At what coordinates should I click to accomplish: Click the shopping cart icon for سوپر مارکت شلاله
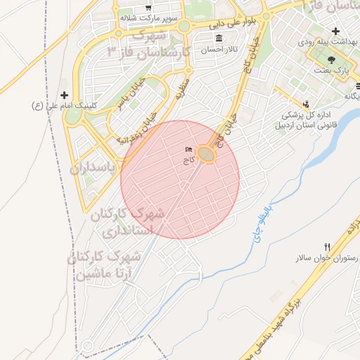pos(149,8)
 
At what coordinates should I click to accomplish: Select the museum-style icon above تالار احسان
pos(218,38)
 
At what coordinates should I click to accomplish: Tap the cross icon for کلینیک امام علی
pos(65,95)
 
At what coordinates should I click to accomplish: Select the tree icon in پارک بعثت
pos(331,60)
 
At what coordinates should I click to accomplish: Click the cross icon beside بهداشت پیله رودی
pos(336,32)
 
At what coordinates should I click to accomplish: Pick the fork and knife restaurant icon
pos(326,247)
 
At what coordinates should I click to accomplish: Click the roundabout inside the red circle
pos(206,153)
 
